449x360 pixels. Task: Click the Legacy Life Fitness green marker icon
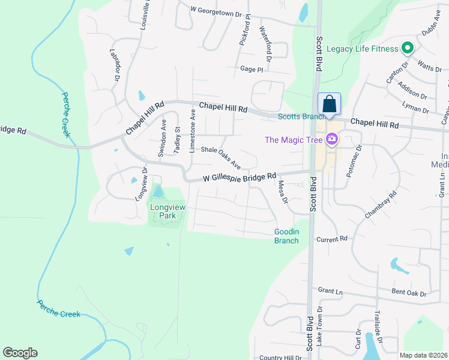pos(407,49)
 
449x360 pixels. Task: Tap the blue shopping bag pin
pos(329,104)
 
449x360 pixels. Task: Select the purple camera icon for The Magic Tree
pos(331,140)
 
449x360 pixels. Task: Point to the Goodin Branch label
pos(286,236)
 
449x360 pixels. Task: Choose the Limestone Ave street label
pos(193,122)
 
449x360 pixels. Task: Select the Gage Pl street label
pos(252,70)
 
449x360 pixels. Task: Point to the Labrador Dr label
pos(114,64)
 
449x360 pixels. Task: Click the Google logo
pos(20,353)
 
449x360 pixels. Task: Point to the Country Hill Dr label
pos(280,358)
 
